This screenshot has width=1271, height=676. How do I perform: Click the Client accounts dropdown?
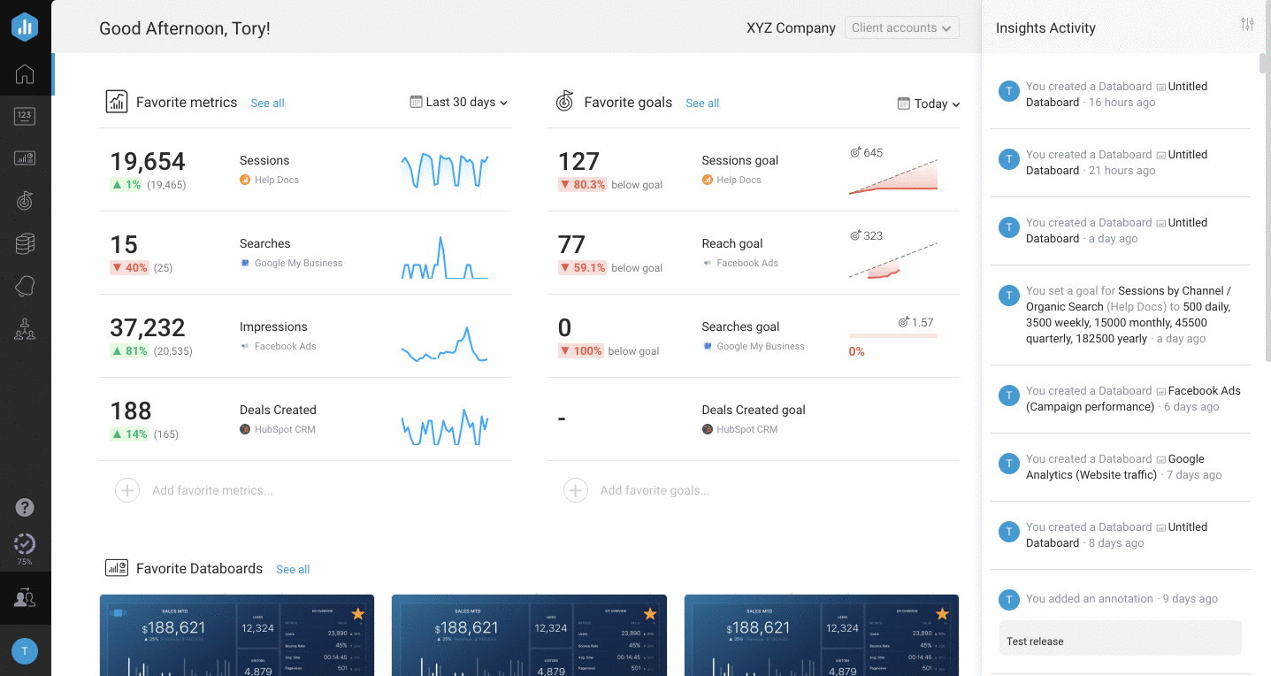pos(901,28)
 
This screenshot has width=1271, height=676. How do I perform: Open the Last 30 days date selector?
pos(459,103)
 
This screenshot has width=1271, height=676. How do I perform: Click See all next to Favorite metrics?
pos(267,104)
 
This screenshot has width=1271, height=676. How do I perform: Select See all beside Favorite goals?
pos(702,104)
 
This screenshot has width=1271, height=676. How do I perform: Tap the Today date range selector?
pos(929,104)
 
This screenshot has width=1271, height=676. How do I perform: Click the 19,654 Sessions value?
pos(148,162)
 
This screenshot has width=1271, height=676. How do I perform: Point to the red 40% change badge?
pos(129,268)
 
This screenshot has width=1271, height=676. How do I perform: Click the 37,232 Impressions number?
pos(148,328)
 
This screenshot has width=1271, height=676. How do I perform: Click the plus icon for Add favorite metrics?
pos(127,490)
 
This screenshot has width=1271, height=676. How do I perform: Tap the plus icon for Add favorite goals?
pos(576,490)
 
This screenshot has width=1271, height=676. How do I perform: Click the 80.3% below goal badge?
pos(582,185)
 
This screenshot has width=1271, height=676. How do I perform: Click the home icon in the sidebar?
pos(25,74)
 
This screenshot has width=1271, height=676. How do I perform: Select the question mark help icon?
pos(25,508)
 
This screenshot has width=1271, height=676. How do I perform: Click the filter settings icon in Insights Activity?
pos(1247,25)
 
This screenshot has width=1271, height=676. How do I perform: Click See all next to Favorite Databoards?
pos(293,570)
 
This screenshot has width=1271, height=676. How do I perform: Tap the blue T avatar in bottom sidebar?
pos(24,651)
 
